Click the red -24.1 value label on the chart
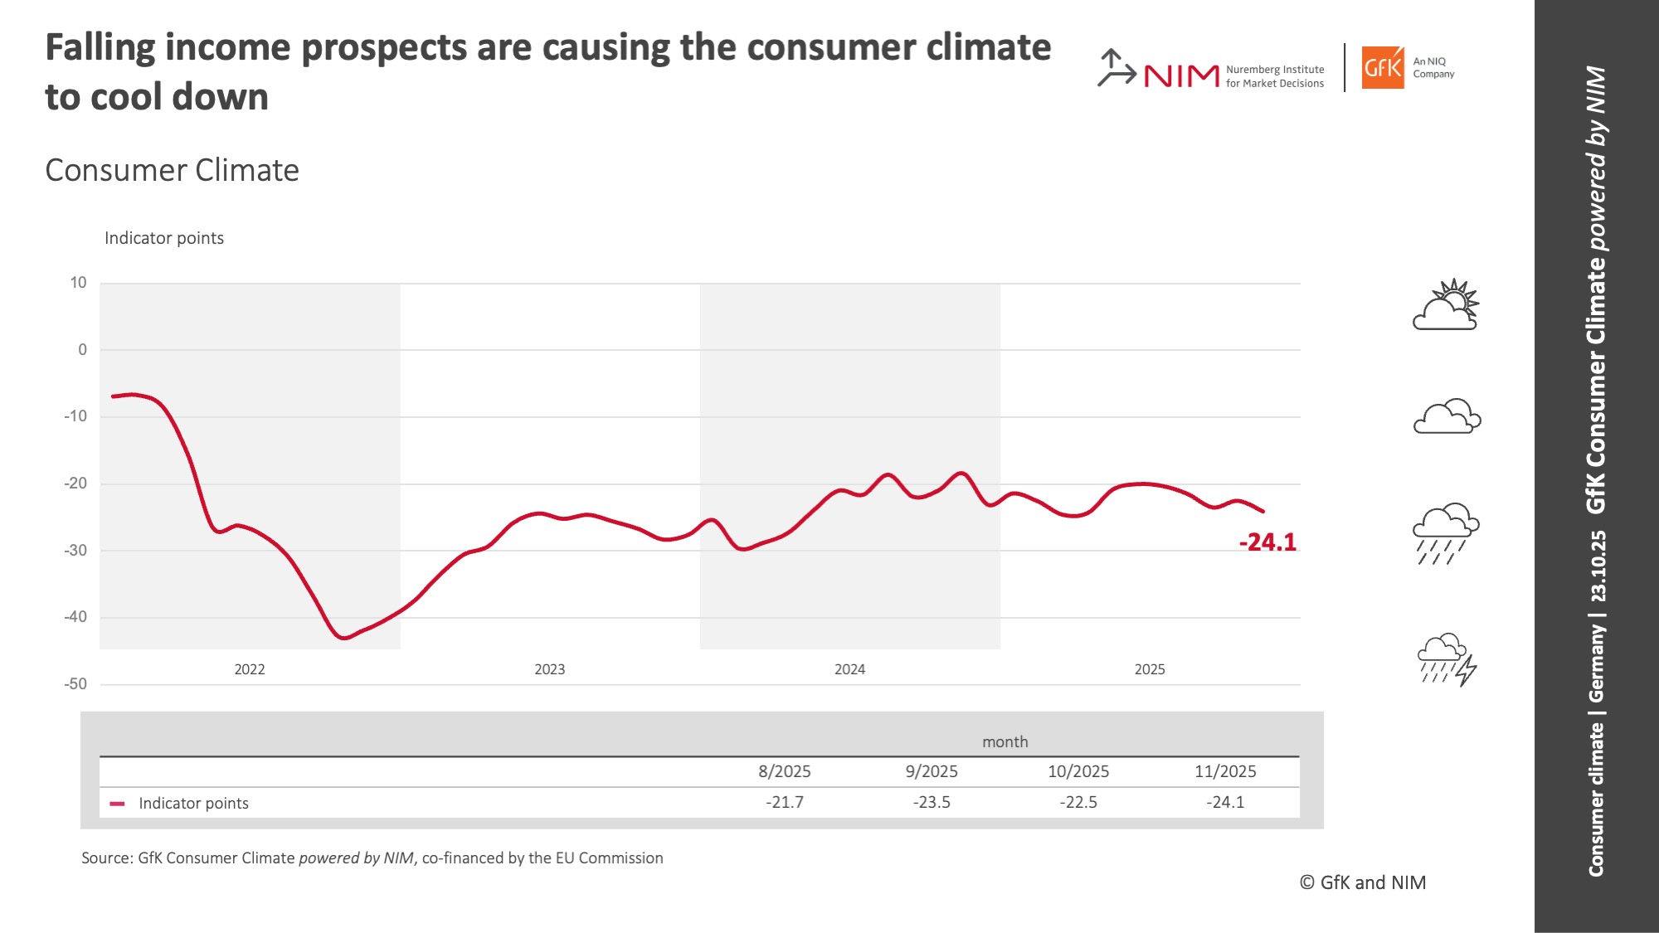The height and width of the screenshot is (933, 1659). tap(1267, 542)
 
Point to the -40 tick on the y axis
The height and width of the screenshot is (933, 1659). tap(75, 617)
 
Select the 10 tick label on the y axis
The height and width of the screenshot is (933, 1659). tap(78, 283)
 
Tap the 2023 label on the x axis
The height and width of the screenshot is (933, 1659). tap(549, 669)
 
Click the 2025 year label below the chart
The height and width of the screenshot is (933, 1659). tap(1149, 669)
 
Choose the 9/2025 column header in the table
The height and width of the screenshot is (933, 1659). tap(931, 771)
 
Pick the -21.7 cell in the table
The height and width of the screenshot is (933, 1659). tap(784, 802)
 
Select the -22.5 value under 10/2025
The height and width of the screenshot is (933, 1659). tap(1078, 802)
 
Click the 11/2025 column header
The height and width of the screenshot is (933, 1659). tap(1224, 771)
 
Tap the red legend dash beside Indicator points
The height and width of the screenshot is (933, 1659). tap(117, 804)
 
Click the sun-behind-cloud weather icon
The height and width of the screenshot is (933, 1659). tap(1447, 305)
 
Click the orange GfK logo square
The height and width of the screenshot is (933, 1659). tap(1383, 67)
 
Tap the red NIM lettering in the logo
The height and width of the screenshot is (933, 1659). tap(1181, 76)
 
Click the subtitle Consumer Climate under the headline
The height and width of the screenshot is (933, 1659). tap(172, 170)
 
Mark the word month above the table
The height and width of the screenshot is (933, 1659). tap(1005, 742)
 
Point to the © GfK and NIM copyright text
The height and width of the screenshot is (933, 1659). tap(1362, 882)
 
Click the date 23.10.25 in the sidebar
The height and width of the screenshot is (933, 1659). tap(1598, 566)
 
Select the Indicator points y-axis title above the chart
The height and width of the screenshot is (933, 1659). tap(164, 238)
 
